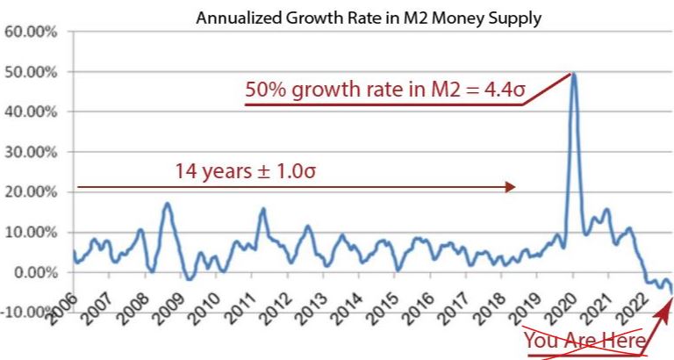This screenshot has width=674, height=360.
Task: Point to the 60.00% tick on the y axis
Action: tap(31, 32)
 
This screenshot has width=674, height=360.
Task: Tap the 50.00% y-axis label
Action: tap(31, 72)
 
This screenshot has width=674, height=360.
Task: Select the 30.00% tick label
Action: tap(31, 152)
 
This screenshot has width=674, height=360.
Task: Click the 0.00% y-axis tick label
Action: tap(33, 272)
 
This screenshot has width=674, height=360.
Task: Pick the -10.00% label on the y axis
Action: tap(28, 313)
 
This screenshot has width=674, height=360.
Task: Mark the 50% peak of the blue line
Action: tap(573, 75)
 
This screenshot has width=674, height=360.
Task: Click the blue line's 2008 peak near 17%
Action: tap(167, 204)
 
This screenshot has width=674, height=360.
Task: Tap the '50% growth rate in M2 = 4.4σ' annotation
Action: tap(385, 90)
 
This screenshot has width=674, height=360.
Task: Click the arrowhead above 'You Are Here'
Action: tap(670, 303)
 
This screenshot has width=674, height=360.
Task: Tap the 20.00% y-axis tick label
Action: tap(31, 192)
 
